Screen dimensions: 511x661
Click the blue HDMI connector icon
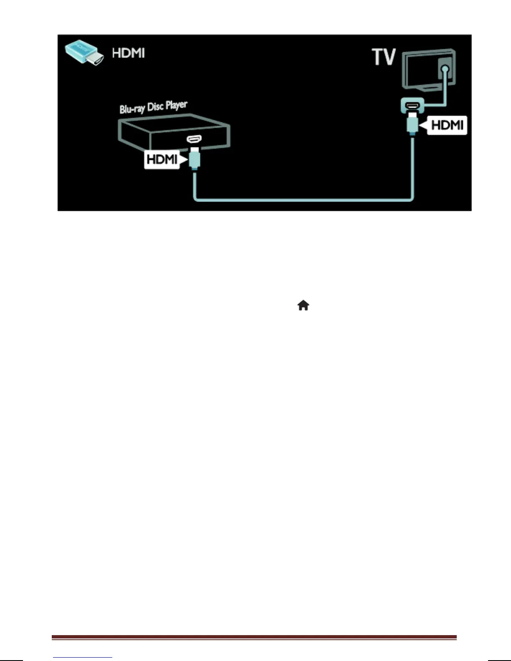[83, 53]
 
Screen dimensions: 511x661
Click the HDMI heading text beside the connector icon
[128, 53]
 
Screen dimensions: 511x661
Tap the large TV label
[384, 57]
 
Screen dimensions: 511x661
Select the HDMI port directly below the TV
[412, 104]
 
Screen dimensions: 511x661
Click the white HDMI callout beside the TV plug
[445, 125]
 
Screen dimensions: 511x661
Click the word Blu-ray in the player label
[132, 108]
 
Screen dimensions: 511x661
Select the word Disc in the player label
[155, 106]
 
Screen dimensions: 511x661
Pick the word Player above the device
[176, 104]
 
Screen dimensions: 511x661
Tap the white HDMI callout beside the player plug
[162, 159]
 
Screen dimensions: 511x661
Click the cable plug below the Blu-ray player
[194, 159]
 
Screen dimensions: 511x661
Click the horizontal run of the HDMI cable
[303, 199]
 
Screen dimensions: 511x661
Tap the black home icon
[303, 306]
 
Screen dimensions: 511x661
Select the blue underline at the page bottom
[83, 657]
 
